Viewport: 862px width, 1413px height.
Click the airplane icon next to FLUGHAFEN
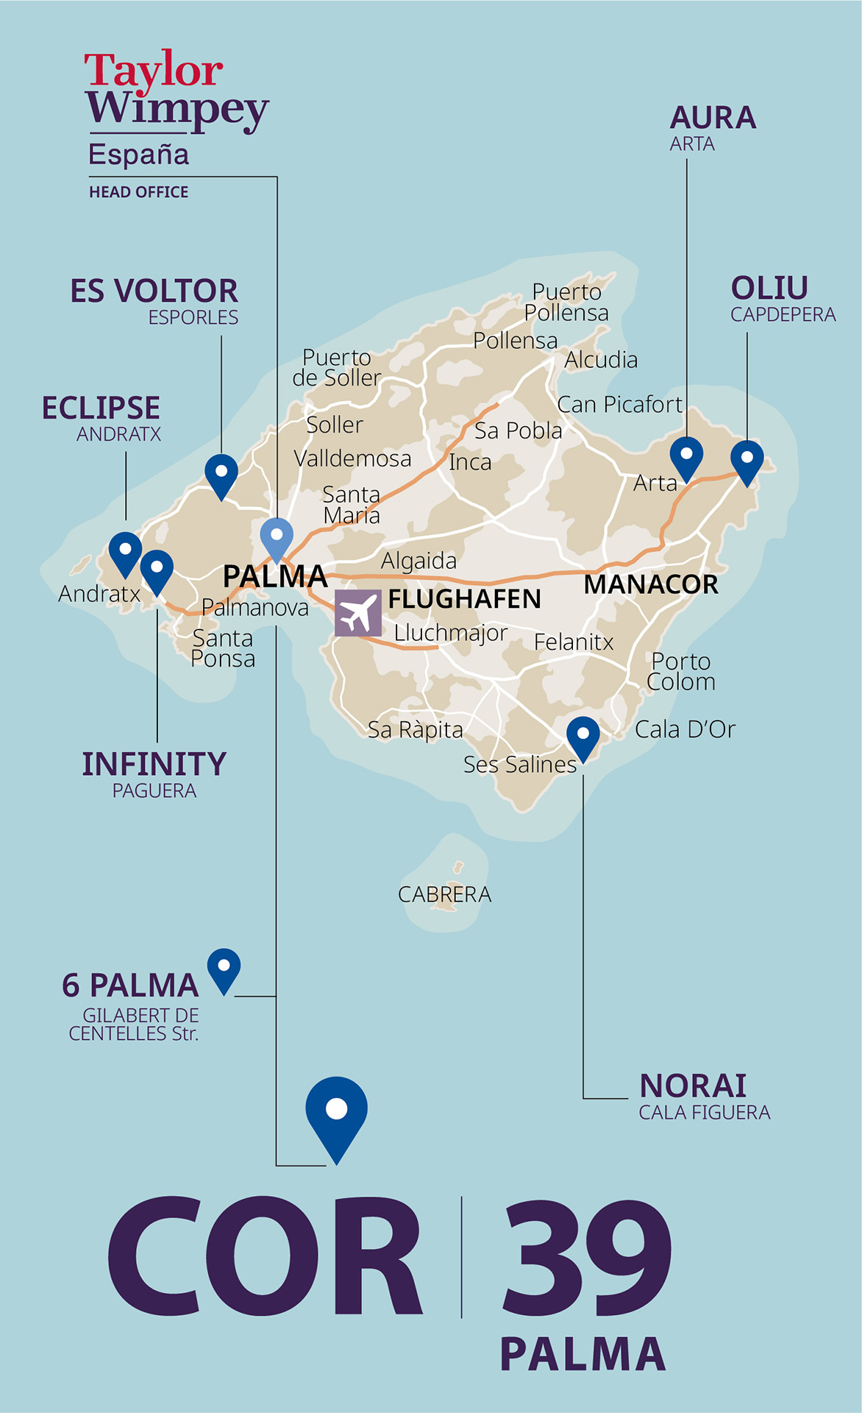click(x=358, y=613)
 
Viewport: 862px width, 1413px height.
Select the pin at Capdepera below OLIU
click(x=747, y=460)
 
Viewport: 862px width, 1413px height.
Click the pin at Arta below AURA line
click(x=686, y=456)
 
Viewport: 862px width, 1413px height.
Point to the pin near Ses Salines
click(x=583, y=737)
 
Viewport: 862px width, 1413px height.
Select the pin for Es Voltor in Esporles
click(x=221, y=474)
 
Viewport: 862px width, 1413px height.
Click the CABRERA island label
click(x=444, y=894)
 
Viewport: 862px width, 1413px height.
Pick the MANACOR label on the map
click(x=651, y=584)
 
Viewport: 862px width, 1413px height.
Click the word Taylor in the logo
click(x=153, y=71)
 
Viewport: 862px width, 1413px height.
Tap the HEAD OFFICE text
click(x=139, y=192)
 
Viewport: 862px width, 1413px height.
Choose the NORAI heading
click(x=693, y=1086)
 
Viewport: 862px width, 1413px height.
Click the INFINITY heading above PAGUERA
click(x=154, y=764)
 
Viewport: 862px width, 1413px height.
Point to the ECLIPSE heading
click(x=101, y=408)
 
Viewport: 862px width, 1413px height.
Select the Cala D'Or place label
click(x=685, y=729)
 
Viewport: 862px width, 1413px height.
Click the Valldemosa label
click(x=352, y=458)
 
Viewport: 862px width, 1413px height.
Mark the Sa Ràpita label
click(x=416, y=729)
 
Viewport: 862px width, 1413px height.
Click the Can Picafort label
click(x=619, y=404)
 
